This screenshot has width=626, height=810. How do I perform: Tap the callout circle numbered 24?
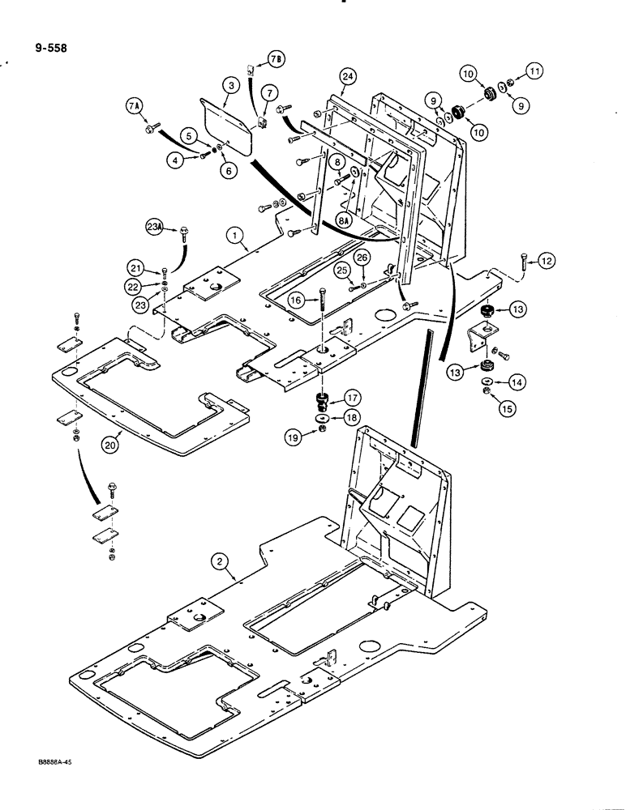pyautogui.click(x=348, y=76)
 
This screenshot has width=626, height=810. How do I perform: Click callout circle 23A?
pyautogui.click(x=155, y=230)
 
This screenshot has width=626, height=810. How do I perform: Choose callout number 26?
pyautogui.click(x=362, y=258)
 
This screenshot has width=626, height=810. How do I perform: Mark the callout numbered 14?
pyautogui.click(x=515, y=380)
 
